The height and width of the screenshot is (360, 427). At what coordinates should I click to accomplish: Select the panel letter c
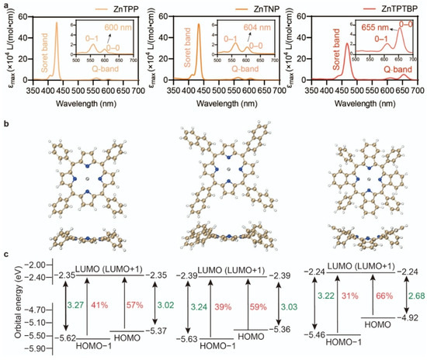[5, 256]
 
